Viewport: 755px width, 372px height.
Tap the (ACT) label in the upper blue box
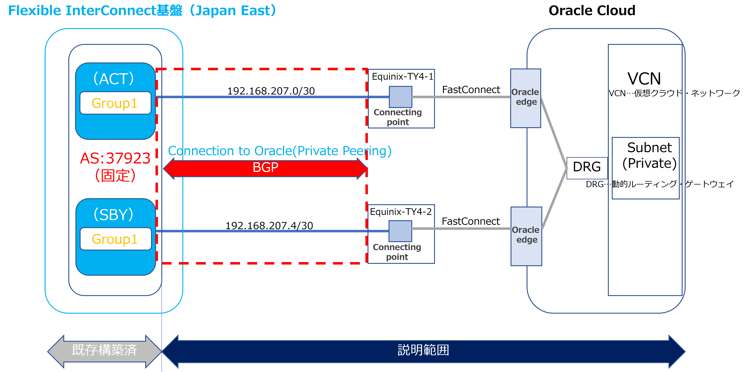coord(114,79)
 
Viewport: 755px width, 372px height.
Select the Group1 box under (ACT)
coord(115,103)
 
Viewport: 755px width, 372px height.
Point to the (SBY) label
coord(114,214)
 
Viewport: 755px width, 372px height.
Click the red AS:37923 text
coord(115,158)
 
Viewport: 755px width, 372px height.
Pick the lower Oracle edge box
coord(526,236)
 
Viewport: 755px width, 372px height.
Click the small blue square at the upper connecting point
coord(400,97)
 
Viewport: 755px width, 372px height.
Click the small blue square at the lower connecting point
coord(400,231)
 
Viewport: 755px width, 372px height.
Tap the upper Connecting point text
coord(398,117)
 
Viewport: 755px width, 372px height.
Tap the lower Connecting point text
coord(397,252)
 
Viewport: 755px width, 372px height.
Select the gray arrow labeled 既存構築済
coord(105,351)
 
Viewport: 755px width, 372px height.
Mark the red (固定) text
coord(115,176)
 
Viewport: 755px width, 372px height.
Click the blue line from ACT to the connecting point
coord(264,97)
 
